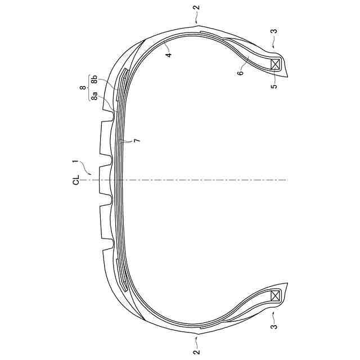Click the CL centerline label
point(76,179)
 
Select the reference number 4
point(169,55)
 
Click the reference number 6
point(240,73)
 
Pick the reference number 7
point(137,141)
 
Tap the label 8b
point(94,82)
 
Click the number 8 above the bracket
point(84,87)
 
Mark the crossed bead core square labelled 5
point(276,64)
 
